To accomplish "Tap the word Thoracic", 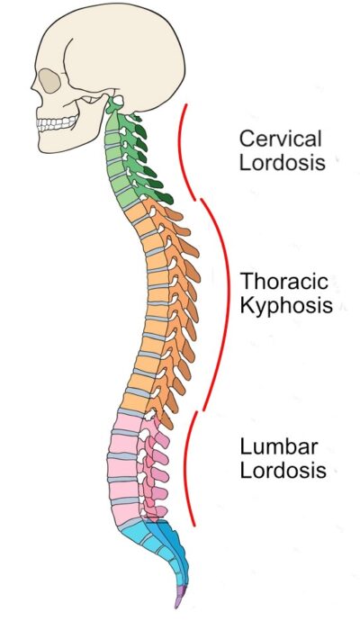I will click(x=281, y=280).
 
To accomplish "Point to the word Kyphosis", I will click(x=286, y=305).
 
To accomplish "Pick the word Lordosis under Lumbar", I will click(x=282, y=470).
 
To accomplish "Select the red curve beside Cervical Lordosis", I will click(x=186, y=148).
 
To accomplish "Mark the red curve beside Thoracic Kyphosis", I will click(x=219, y=301).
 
